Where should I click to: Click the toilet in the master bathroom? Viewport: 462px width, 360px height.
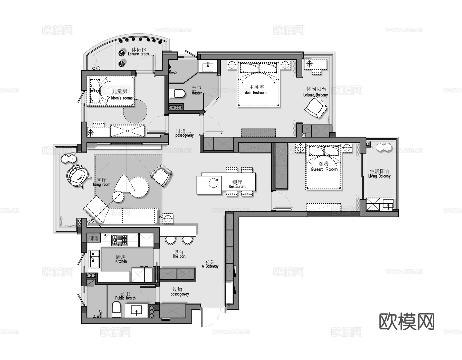pos(177,94)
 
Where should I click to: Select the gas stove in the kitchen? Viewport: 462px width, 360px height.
pos(119,240)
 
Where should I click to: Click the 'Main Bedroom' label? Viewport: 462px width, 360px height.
pos(256,92)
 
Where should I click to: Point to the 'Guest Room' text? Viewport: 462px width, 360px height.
pos(324,169)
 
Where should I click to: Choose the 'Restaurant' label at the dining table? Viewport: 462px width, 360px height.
pos(237,186)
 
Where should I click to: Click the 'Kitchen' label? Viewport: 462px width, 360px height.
pos(121,261)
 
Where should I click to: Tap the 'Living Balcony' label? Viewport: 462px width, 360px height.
pos(379,176)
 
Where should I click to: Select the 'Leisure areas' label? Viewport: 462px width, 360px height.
pos(139,54)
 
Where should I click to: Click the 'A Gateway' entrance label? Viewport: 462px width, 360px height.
pos(210,266)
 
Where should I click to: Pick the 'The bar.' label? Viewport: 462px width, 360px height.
pos(179,256)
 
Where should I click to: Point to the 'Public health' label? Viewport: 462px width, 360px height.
pos(125,298)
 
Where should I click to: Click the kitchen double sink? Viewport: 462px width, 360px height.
pos(94,259)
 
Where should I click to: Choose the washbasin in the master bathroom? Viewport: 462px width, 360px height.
pos(208,67)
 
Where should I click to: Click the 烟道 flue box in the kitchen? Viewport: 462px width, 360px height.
pos(94,238)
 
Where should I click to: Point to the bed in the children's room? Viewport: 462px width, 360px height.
pos(110,91)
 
